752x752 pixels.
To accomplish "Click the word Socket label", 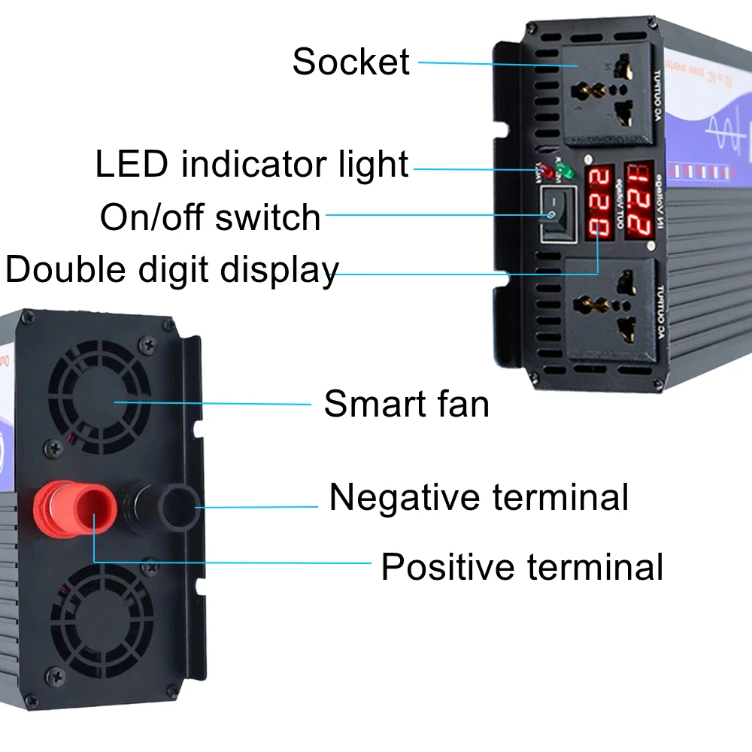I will click(351, 62).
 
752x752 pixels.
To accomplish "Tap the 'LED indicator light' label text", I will click(252, 165).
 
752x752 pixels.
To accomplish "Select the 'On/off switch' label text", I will click(211, 218).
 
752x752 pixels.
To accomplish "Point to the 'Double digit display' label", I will click(172, 270).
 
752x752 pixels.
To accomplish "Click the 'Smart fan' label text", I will click(406, 404).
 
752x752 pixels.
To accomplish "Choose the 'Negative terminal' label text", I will click(478, 498).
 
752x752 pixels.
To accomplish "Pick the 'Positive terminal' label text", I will click(522, 567).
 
